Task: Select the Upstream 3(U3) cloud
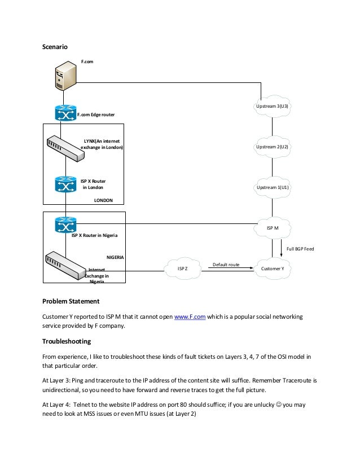(273, 106)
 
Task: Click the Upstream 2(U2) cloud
(273, 147)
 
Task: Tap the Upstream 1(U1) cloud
(273, 187)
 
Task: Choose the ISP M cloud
(273, 228)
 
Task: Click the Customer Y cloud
(273, 269)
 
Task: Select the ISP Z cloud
(182, 269)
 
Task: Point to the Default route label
(226, 264)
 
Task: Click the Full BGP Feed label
(300, 248)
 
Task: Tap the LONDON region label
(103, 200)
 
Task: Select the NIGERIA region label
(115, 257)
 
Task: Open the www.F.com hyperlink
(190, 317)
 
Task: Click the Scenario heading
(55, 47)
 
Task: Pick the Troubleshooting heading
(67, 341)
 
